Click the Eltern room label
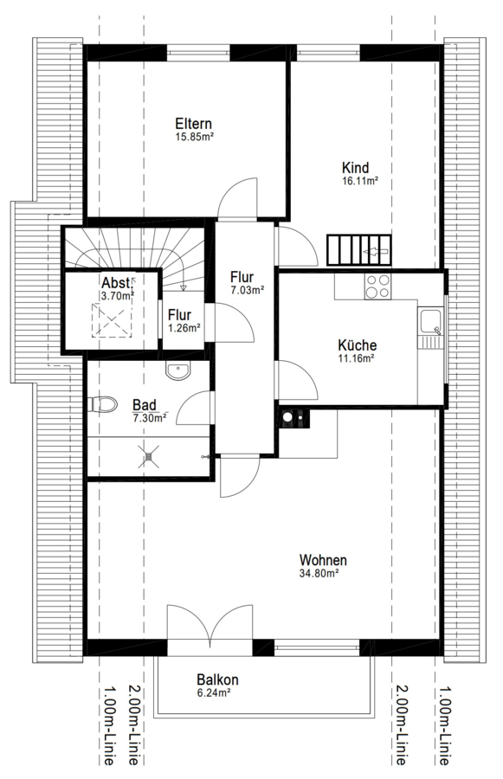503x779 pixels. pyautogui.click(x=193, y=124)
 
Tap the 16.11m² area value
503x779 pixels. pyautogui.click(x=360, y=181)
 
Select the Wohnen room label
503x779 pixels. pyautogui.click(x=323, y=560)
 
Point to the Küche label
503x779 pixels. pyautogui.click(x=358, y=344)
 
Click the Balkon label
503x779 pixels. pyautogui.click(x=217, y=679)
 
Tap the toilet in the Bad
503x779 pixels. pyautogui.click(x=103, y=404)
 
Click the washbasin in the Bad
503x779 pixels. pyautogui.click(x=177, y=370)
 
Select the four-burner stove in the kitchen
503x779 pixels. pyautogui.click(x=377, y=286)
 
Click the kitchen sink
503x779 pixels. pyautogui.click(x=430, y=321)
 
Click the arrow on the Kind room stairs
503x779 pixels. pyautogui.click(x=376, y=252)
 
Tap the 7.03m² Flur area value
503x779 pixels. pyautogui.click(x=247, y=291)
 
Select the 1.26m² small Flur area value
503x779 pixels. pyautogui.click(x=184, y=328)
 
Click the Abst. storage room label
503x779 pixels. pyautogui.click(x=116, y=283)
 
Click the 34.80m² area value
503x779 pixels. pyautogui.click(x=319, y=573)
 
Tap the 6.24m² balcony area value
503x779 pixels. pyautogui.click(x=214, y=692)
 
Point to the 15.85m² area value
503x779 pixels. pyautogui.click(x=194, y=137)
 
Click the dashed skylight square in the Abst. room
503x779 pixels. pyautogui.click(x=113, y=320)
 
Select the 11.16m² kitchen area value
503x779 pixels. pyautogui.click(x=357, y=357)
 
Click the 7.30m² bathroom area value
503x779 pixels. pyautogui.click(x=150, y=418)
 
